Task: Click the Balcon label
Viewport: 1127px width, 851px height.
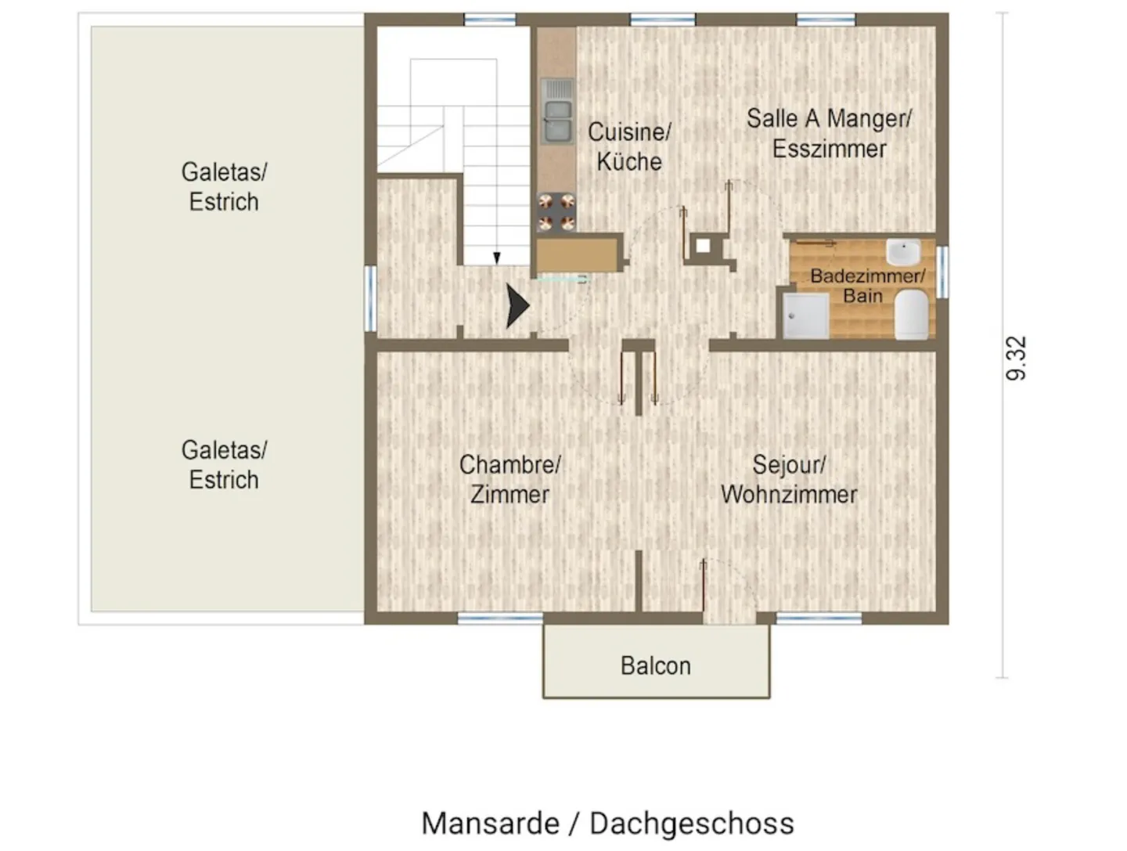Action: tap(655, 666)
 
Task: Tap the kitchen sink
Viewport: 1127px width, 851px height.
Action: tap(557, 111)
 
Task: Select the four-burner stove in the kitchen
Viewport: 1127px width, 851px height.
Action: tap(556, 212)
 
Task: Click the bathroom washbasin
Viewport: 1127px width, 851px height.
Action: tap(903, 252)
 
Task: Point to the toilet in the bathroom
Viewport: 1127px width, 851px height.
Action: tap(911, 314)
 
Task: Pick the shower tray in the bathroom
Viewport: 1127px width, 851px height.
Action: tap(805, 316)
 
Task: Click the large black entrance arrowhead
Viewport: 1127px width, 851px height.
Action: tap(517, 306)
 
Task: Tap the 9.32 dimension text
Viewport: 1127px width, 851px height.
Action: tap(1016, 358)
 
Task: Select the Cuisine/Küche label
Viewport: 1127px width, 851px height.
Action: tap(629, 147)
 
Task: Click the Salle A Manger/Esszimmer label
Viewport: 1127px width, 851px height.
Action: tap(829, 134)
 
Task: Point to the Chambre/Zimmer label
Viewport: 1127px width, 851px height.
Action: tap(509, 480)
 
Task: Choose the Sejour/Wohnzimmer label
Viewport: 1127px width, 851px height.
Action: tap(789, 480)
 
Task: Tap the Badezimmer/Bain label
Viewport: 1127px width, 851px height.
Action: tap(868, 286)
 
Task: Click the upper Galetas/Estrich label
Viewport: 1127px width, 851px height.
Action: tap(224, 186)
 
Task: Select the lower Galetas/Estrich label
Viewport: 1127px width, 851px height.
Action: tap(224, 465)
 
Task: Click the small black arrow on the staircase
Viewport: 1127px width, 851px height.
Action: tap(496, 258)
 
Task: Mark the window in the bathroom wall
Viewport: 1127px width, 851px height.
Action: tap(942, 272)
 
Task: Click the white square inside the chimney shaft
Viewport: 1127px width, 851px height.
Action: tap(703, 247)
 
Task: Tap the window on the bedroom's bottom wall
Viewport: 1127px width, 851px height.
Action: tap(500, 618)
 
